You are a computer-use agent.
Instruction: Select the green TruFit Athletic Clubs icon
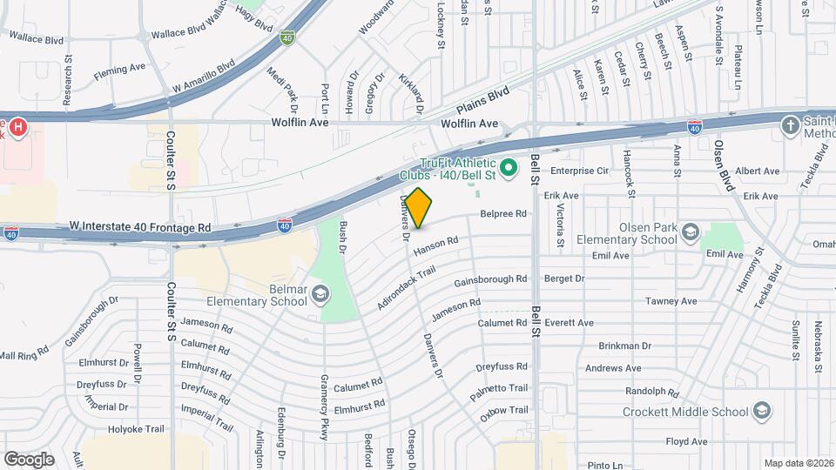pos(510,164)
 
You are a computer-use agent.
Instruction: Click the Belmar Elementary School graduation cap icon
pos(320,293)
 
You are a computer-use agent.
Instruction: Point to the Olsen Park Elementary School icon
pos(690,232)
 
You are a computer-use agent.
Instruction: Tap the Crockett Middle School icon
pos(761,411)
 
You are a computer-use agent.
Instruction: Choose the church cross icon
pos(791,124)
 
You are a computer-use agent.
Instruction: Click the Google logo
pos(29,459)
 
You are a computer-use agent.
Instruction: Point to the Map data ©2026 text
pos(799,463)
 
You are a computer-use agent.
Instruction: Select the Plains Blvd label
pos(483,98)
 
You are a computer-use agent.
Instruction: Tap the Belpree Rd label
pos(503,213)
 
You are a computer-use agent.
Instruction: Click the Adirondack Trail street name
pos(405,288)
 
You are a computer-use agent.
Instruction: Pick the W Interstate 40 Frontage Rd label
pos(140,227)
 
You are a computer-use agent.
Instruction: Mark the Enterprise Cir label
pos(578,171)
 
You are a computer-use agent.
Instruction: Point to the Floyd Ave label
pos(687,442)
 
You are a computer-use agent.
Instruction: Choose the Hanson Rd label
pos(435,248)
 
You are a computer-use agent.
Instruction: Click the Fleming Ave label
pos(119,68)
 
